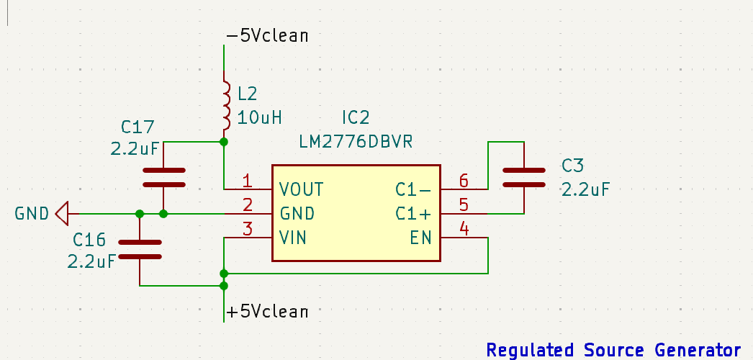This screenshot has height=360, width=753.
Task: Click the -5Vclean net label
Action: point(267,36)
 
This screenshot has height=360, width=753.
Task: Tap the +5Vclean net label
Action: point(267,312)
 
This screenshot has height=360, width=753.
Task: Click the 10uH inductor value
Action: point(259,117)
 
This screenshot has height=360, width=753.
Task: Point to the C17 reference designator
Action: point(137,127)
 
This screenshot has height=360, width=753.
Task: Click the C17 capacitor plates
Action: point(163,178)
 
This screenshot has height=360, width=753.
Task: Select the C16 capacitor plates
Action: point(140,250)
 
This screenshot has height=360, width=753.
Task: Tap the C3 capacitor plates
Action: point(524,178)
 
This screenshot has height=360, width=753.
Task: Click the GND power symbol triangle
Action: point(61,214)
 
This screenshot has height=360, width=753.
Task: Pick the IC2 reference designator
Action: point(356,117)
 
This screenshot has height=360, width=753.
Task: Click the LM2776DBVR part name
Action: point(356,142)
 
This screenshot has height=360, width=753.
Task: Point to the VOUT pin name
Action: point(302,189)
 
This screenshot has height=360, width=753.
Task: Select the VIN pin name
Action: point(293,238)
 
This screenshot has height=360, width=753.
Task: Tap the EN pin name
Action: point(420,238)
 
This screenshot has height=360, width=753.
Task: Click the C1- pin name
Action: point(413,189)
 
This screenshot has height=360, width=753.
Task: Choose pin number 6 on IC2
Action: point(464,181)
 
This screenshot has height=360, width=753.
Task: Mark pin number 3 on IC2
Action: point(248,229)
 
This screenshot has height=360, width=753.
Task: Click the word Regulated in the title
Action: point(530,350)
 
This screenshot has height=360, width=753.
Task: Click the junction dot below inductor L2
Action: point(224,142)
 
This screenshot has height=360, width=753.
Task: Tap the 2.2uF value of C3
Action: point(585,189)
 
